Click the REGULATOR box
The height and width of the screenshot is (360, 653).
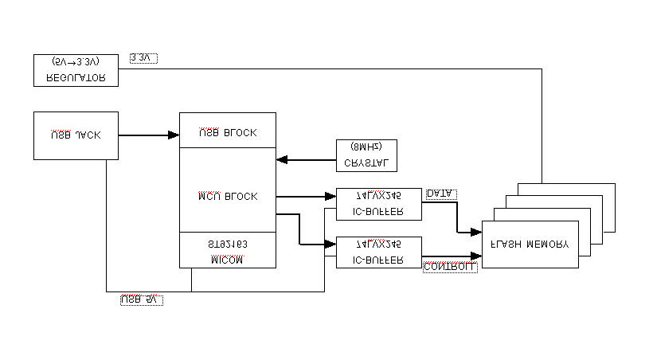tap(76, 70)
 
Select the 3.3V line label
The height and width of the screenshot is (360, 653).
tap(144, 58)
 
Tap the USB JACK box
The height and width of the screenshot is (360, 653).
tap(76, 135)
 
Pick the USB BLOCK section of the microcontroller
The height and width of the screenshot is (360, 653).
tap(228, 131)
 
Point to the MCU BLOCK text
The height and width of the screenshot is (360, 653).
tap(228, 196)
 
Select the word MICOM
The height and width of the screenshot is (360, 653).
tap(228, 259)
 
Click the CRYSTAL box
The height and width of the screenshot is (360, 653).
tap(366, 155)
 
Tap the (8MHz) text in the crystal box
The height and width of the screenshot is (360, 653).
tap(366, 147)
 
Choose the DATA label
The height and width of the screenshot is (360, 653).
tap(441, 194)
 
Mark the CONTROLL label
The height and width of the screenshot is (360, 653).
tap(450, 267)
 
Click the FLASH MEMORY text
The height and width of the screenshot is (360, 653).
tap(530, 245)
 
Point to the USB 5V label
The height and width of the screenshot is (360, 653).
tap(141, 299)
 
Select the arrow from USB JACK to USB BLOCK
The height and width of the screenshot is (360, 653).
tap(149, 135)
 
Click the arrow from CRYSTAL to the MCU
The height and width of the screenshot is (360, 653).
tap(306, 160)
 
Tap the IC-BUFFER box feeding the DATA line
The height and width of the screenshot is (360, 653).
tap(378, 204)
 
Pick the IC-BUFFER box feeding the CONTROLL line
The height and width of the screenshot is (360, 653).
tap(378, 252)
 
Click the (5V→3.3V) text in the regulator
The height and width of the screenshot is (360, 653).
tap(76, 61)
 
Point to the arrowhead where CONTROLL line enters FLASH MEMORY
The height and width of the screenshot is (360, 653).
tap(476, 256)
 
